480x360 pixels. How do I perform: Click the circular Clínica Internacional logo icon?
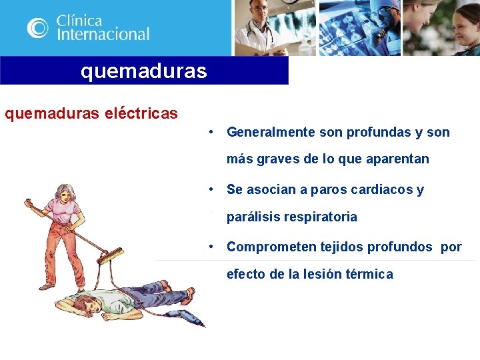point(38,27)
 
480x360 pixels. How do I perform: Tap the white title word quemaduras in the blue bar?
point(144,70)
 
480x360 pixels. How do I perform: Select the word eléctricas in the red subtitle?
point(141,113)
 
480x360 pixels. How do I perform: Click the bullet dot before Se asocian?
point(211,189)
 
